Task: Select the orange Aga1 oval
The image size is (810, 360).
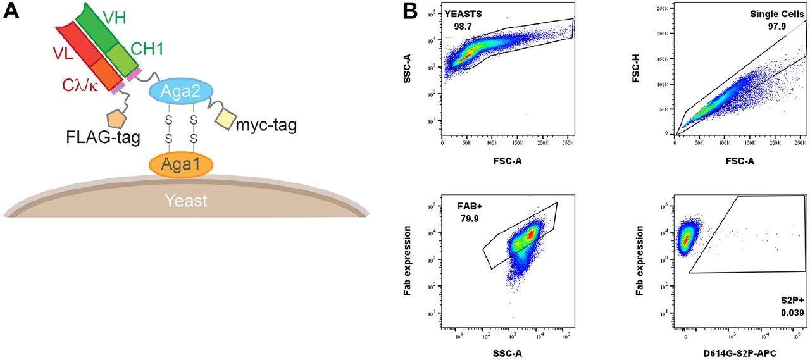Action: pyautogui.click(x=181, y=164)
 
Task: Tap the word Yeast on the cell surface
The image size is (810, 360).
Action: pyautogui.click(x=186, y=201)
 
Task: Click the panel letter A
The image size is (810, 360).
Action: pyautogui.click(x=12, y=13)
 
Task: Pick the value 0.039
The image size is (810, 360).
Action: pyautogui.click(x=790, y=314)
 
